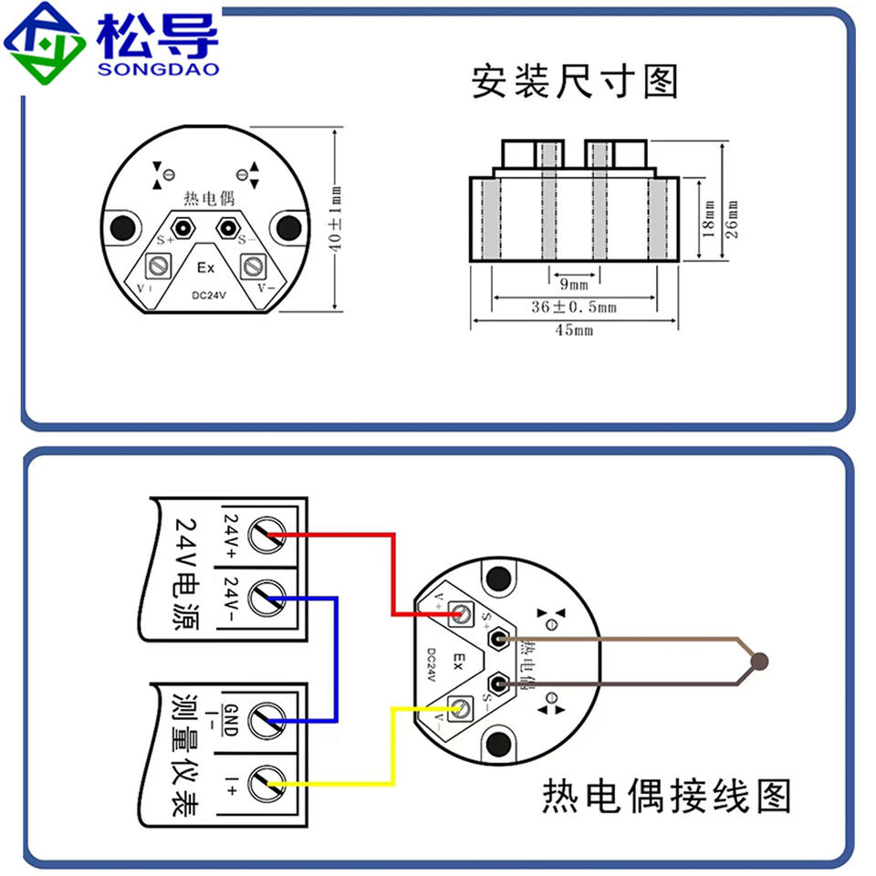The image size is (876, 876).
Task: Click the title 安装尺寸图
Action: click(575, 81)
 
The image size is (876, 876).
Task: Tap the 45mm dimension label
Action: click(574, 330)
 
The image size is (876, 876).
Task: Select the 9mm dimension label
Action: click(574, 285)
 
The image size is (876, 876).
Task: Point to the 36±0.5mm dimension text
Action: click(574, 308)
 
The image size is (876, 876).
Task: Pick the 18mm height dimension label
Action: click(709, 220)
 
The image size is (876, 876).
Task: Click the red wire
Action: click(392, 566)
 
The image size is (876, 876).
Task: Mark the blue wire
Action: click(337, 657)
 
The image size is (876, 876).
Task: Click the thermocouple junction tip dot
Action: click(760, 661)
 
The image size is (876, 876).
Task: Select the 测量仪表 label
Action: click(187, 753)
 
